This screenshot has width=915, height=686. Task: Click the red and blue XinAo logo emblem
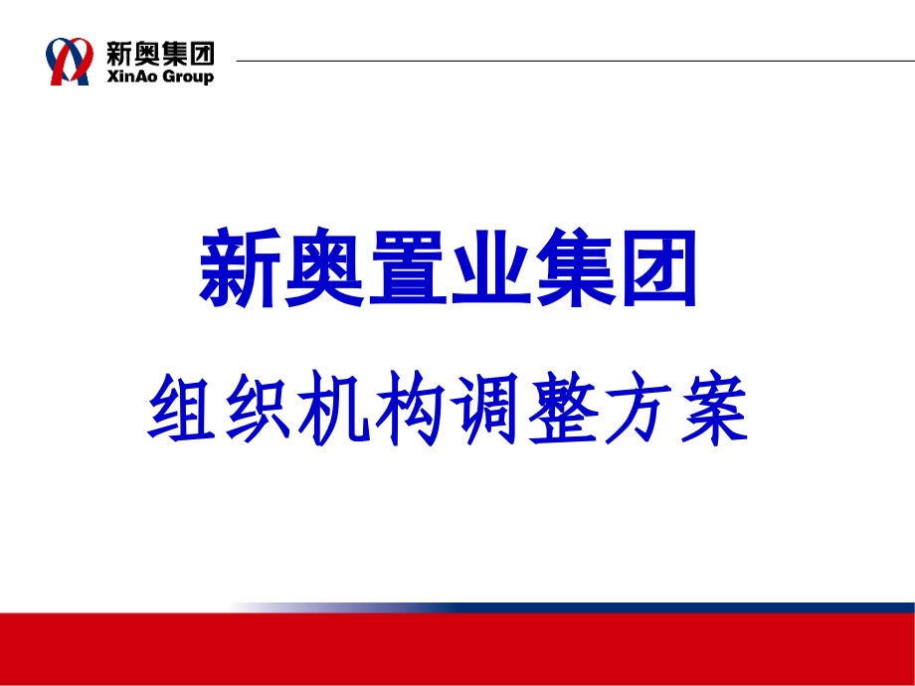72,61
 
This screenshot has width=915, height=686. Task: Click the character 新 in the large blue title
242,268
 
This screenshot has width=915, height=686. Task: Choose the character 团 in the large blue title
659,268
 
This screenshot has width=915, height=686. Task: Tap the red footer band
457,649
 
